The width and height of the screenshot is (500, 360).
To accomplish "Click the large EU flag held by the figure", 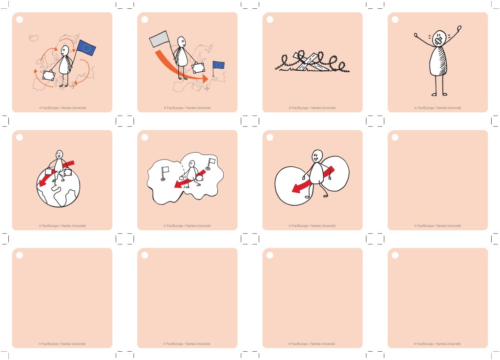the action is (x=86, y=48).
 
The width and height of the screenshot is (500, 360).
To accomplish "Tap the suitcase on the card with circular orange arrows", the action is (x=49, y=76).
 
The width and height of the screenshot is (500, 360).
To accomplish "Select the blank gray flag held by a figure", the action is (x=159, y=39).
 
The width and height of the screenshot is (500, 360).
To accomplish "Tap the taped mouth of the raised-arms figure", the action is (x=438, y=40).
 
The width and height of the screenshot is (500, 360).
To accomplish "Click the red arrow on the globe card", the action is (x=57, y=174).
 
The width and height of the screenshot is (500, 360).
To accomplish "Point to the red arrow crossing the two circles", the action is (x=313, y=180).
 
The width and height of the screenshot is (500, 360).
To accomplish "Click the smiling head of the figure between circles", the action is (x=317, y=156).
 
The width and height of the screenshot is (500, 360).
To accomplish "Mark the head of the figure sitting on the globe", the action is (x=59, y=155).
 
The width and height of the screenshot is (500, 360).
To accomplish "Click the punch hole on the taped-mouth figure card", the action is (x=395, y=20).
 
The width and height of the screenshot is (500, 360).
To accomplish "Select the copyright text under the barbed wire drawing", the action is (x=312, y=108).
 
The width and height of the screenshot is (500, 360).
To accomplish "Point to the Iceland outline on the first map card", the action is (x=34, y=38).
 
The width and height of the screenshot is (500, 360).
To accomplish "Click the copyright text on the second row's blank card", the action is (x=437, y=226).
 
